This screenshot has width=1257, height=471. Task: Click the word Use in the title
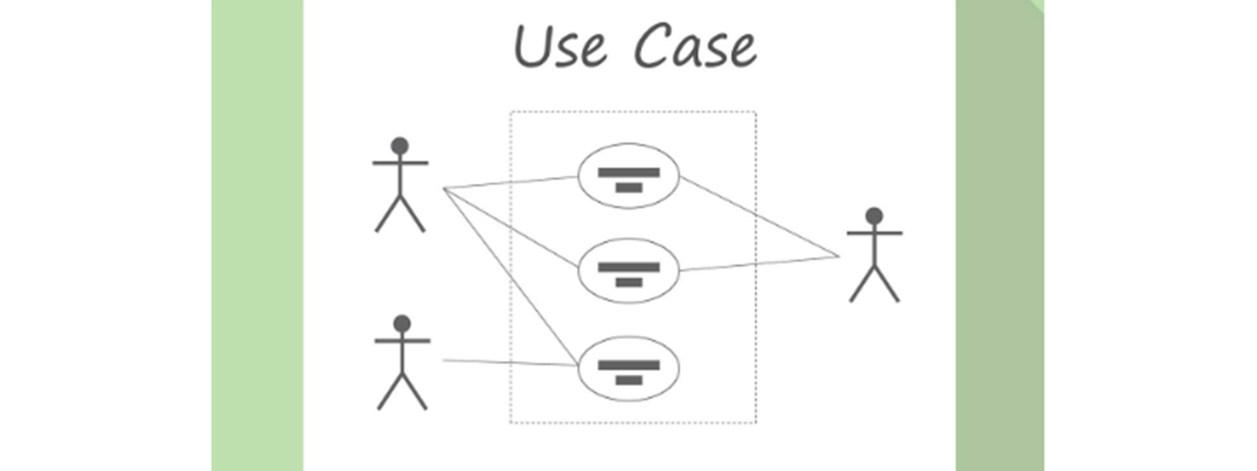560,47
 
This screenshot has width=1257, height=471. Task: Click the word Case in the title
696,47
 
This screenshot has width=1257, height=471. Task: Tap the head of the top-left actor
400,146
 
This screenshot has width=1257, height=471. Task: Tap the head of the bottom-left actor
402,323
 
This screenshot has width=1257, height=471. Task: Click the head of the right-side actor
874,215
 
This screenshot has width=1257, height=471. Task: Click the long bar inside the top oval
628,173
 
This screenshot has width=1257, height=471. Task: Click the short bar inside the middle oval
629,282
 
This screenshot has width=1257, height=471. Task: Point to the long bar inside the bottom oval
628,365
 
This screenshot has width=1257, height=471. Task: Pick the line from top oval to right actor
759,217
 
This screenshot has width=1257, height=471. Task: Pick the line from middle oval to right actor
759,264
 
